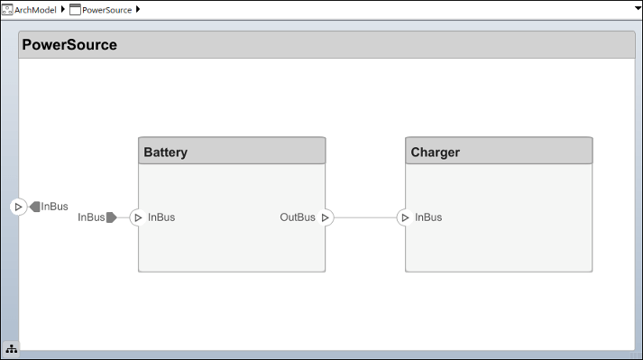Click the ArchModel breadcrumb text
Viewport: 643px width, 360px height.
point(35,9)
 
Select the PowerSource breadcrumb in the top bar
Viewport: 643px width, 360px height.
point(106,9)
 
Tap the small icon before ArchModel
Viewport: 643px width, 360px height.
point(7,9)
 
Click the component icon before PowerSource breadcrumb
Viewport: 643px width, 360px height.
point(75,9)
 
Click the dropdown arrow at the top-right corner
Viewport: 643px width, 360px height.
point(634,9)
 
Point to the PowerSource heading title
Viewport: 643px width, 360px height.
point(69,45)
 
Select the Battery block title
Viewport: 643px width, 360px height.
point(166,152)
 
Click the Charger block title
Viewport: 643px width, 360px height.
point(435,152)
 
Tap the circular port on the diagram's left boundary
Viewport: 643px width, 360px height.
point(18,207)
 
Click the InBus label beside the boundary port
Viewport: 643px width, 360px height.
point(54,207)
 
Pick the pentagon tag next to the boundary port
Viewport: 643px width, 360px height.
point(34,207)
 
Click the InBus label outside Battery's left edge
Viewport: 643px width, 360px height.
point(91,217)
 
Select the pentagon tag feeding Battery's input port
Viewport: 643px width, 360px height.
point(111,217)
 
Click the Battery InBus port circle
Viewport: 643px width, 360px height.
point(138,217)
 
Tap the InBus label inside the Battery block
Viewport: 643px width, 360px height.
point(161,217)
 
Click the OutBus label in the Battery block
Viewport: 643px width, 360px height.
point(298,217)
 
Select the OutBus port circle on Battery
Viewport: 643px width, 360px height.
point(326,217)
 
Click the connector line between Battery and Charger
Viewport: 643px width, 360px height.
point(365,217)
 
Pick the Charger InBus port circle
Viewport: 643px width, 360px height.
point(405,217)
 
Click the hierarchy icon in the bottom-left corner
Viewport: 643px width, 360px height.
point(11,348)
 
